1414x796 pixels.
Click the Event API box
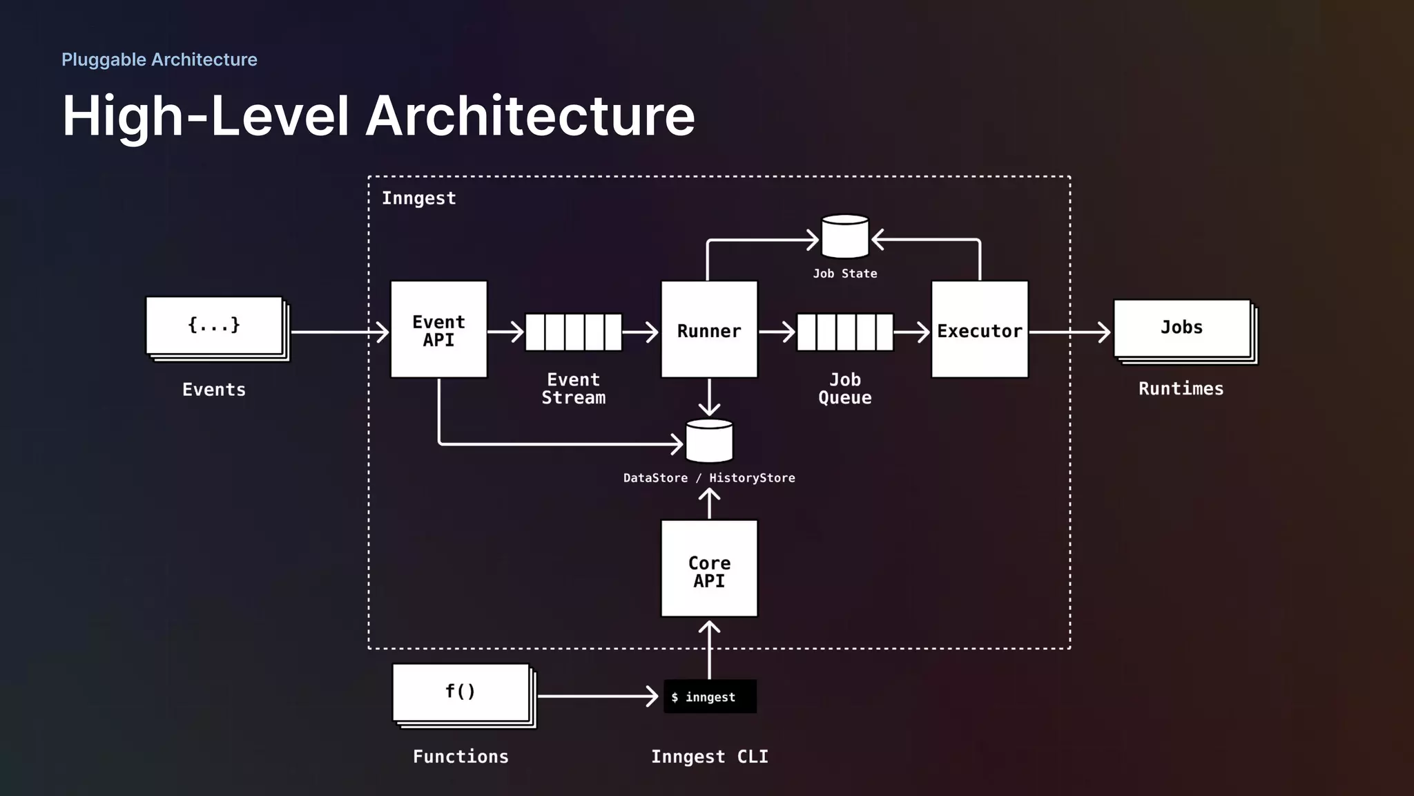click(438, 330)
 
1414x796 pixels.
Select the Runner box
click(709, 330)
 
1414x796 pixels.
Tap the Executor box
click(979, 330)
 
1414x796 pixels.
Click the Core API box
click(709, 569)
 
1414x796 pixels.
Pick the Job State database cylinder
click(844, 236)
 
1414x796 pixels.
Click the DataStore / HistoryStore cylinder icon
click(709, 441)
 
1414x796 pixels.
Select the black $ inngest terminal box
click(710, 696)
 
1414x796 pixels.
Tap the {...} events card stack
click(215, 327)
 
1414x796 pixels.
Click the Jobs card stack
click(1183, 330)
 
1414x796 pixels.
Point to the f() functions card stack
click(462, 694)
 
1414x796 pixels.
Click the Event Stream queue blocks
click(573, 332)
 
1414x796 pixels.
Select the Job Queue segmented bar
click(844, 332)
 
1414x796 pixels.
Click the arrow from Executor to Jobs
click(1069, 332)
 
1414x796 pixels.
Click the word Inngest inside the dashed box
click(418, 198)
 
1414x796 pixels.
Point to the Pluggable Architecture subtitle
click(159, 59)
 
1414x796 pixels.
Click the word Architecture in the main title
click(530, 116)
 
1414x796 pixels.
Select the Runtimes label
click(1181, 389)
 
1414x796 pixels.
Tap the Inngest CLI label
click(709, 757)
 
